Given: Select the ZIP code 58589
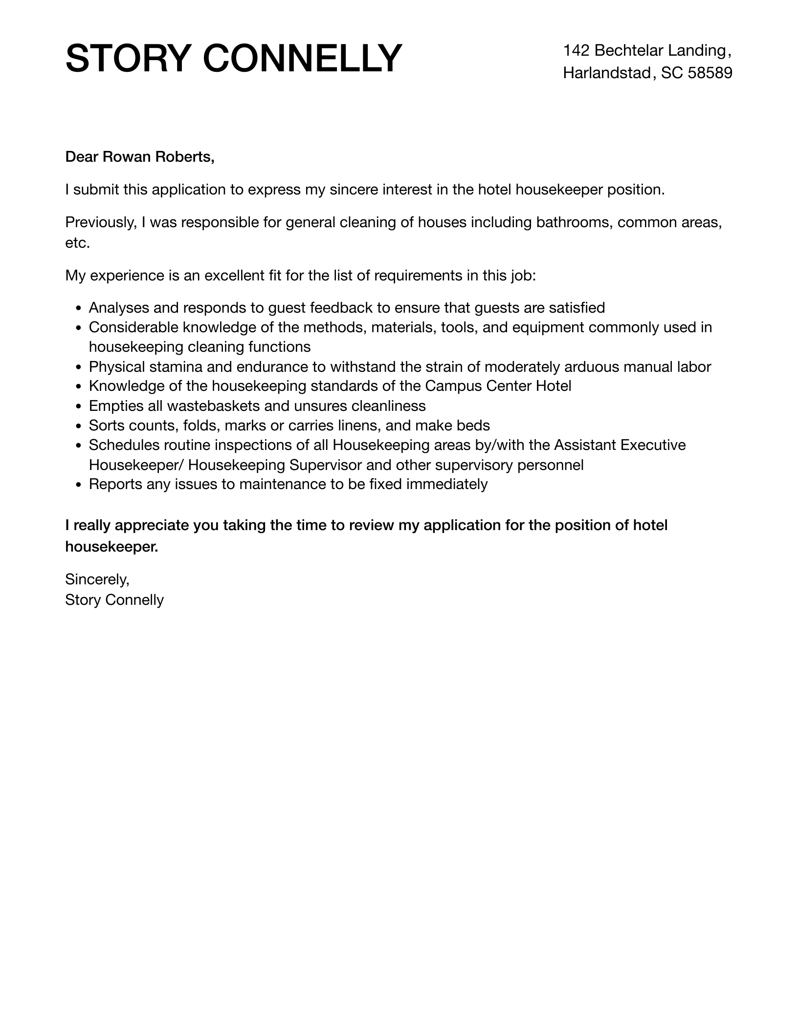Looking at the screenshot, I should point(709,73).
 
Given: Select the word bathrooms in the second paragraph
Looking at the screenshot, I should point(574,223).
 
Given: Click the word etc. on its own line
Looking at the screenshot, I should point(77,243).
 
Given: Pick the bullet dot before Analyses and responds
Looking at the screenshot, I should point(78,309).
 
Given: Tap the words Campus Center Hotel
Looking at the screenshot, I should point(498,386).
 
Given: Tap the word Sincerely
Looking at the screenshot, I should point(97,579).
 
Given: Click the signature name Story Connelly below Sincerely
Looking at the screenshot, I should point(114,600).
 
